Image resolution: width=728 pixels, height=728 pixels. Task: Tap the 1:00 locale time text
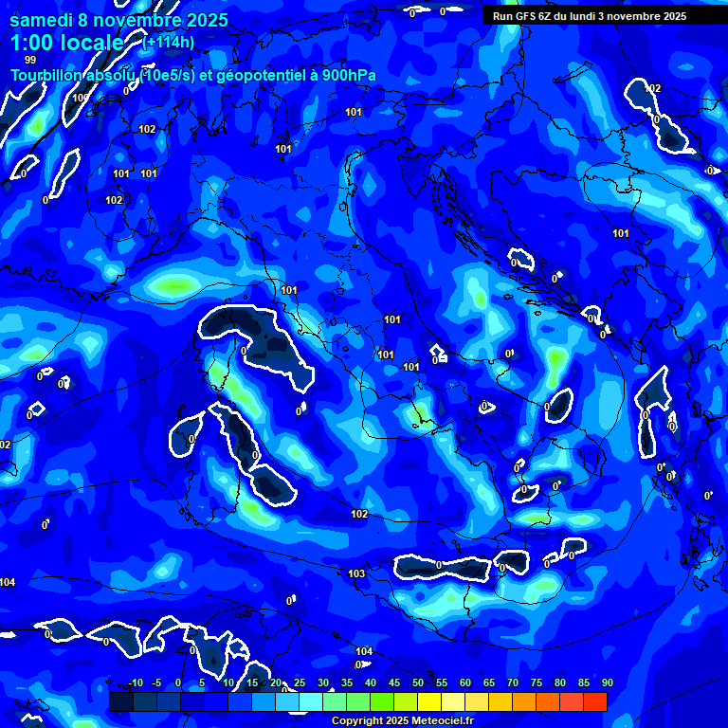[67, 44]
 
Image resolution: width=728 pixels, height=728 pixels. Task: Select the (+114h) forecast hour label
[170, 43]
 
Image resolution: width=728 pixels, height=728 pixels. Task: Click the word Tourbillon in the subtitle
[47, 76]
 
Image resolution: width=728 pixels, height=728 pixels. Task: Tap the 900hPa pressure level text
[349, 76]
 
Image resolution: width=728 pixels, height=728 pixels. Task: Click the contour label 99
[30, 60]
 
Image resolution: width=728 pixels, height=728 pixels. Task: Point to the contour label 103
[356, 573]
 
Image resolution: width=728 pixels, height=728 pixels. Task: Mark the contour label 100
[81, 98]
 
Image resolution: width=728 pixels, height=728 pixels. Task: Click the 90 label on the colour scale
[607, 682]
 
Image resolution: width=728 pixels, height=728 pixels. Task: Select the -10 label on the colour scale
[136, 682]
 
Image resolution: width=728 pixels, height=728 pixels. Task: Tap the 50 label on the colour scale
[417, 682]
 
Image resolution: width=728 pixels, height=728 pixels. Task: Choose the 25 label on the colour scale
[299, 682]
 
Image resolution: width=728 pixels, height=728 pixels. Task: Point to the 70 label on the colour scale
[512, 682]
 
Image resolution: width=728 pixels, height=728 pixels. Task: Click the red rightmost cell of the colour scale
[594, 701]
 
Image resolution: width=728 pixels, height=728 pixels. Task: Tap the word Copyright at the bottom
[357, 720]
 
